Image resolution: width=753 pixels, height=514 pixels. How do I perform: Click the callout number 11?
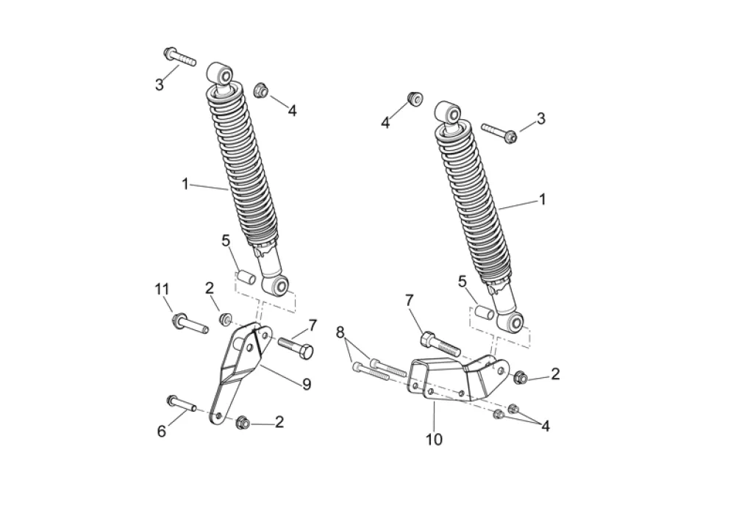[x=162, y=289]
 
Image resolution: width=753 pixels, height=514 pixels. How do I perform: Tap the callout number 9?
[x=307, y=384]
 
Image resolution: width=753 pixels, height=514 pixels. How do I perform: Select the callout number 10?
[x=434, y=439]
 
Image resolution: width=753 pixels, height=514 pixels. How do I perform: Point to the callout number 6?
[x=161, y=431]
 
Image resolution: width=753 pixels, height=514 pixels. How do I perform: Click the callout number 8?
[x=340, y=332]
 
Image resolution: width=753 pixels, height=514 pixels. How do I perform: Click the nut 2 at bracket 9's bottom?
[x=243, y=422]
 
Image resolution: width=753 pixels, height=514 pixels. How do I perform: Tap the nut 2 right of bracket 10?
[x=520, y=377]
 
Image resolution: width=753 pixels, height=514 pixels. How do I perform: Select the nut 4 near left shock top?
[x=261, y=90]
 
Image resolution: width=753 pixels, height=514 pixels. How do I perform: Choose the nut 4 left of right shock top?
[x=415, y=99]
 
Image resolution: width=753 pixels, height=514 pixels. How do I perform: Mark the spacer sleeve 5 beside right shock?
[x=485, y=313]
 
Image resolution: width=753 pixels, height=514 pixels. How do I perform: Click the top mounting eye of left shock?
[x=221, y=74]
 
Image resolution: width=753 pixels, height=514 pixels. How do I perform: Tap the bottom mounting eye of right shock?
[x=512, y=321]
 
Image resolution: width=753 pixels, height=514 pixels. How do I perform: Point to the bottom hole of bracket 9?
[x=218, y=415]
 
